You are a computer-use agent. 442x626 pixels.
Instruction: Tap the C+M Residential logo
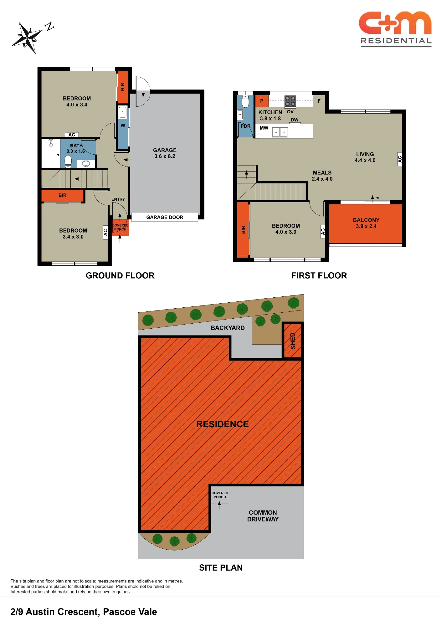(396, 29)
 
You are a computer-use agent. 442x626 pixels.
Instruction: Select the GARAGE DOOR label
(165, 217)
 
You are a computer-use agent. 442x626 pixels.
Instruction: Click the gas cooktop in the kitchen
(290, 101)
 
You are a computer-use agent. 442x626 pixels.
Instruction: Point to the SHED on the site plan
(293, 341)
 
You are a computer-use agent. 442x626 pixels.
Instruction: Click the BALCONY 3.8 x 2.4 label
(366, 223)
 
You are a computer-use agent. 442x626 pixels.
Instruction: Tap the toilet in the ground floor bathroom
(68, 162)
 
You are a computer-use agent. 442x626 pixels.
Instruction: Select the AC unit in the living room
(399, 159)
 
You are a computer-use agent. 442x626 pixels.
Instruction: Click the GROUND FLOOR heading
(120, 275)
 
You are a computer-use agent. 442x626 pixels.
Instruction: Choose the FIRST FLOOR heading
(319, 275)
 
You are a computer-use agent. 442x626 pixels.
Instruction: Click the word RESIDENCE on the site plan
(222, 424)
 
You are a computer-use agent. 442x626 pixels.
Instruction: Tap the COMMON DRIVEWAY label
(263, 516)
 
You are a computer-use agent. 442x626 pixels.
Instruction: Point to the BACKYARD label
(228, 328)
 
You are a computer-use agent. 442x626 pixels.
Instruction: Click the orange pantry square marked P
(262, 101)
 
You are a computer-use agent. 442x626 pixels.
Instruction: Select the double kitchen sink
(280, 132)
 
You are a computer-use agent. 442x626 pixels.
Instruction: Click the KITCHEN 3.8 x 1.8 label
(270, 115)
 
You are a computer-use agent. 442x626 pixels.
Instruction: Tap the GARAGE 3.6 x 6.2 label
(165, 153)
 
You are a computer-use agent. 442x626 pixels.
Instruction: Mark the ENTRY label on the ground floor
(118, 199)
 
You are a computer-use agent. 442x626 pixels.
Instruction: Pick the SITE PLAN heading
(221, 568)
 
